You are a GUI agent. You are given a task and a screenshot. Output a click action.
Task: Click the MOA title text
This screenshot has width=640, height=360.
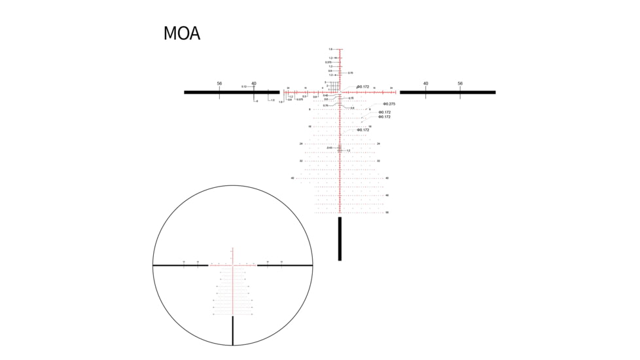coord(181,34)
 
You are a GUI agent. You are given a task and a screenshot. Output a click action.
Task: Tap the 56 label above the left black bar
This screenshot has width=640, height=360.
coord(219,84)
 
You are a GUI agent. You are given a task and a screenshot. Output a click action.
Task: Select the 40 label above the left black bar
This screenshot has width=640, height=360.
coord(254,84)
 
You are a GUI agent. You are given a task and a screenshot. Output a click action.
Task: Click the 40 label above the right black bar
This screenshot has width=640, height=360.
coord(425,84)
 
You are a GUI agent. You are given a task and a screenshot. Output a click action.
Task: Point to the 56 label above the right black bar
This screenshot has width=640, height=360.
coord(460,84)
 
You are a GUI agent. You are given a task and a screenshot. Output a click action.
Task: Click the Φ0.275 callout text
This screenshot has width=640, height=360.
coord(389,104)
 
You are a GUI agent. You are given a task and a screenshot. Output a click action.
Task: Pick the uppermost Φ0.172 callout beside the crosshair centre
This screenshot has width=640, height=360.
coord(363,86)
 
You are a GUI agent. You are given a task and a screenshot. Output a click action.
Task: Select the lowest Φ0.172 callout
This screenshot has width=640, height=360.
coord(363,130)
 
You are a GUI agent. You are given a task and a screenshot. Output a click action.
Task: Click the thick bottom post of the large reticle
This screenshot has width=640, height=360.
coord(340,239)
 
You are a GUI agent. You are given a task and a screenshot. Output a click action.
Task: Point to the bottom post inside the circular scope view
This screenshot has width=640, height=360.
coord(233,331)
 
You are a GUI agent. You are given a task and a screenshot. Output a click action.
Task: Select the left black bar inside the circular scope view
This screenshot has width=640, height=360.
coord(181,265)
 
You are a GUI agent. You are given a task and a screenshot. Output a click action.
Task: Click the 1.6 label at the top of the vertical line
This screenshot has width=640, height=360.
coord(330,50)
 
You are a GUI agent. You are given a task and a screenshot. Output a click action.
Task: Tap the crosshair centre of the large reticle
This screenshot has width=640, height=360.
coord(340,92)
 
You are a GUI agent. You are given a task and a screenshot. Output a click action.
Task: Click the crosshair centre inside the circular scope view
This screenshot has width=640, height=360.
coord(233,265)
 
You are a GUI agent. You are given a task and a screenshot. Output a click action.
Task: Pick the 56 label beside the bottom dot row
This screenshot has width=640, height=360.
coord(387,213)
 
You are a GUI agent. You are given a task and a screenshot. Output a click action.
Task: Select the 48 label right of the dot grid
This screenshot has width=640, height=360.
coord(387,195)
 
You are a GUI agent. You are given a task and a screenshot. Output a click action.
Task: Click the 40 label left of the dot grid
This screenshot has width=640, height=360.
coord(293,178)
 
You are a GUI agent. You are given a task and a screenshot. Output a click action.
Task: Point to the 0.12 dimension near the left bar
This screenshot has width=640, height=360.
coord(243,86)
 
